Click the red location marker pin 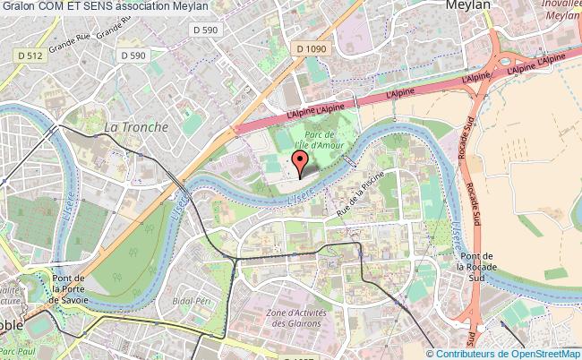302,162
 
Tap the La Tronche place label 136,127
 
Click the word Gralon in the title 18,6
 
